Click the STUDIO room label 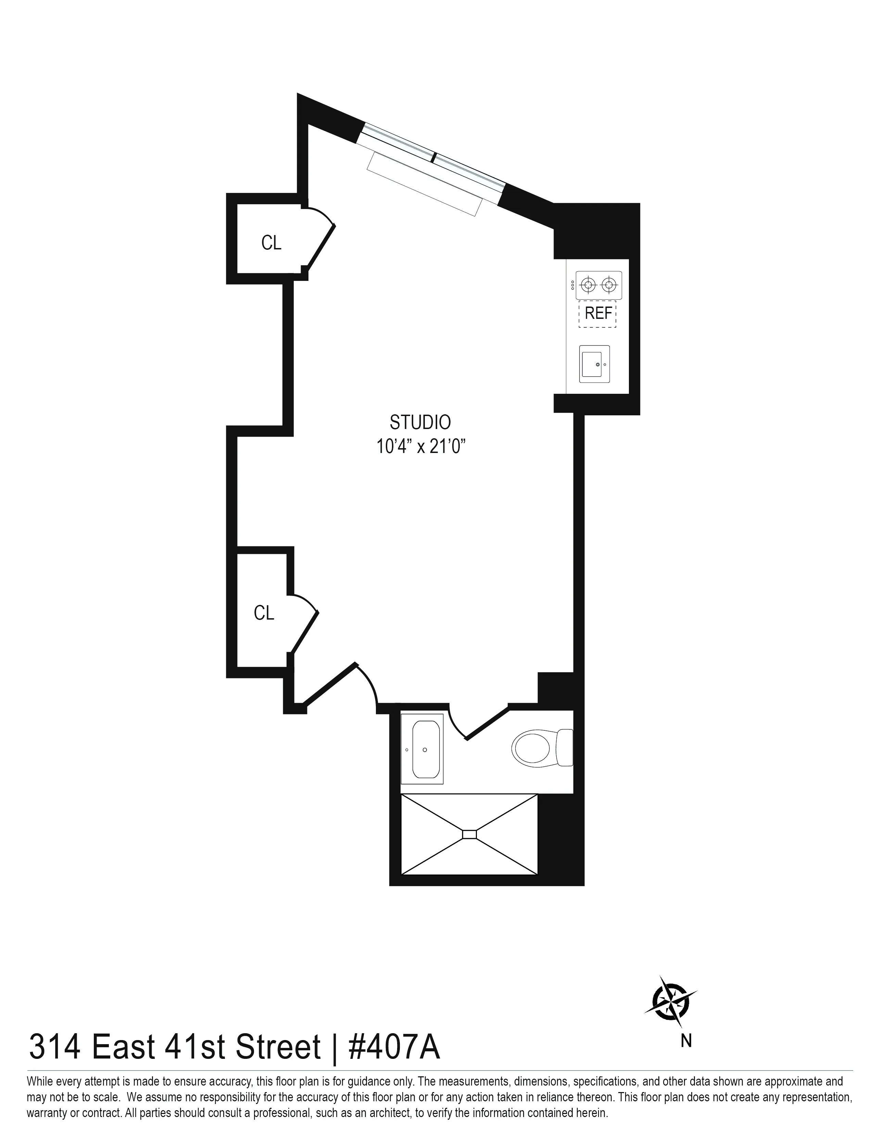pyautogui.click(x=420, y=422)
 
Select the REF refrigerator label pyautogui.click(x=598, y=313)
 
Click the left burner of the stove pyautogui.click(x=587, y=284)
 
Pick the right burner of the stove pyautogui.click(x=610, y=284)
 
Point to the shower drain pyautogui.click(x=470, y=834)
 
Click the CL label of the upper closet pyautogui.click(x=271, y=243)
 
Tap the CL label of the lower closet pyautogui.click(x=264, y=613)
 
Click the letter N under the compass pyautogui.click(x=686, y=1040)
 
